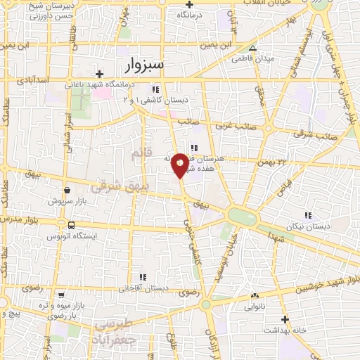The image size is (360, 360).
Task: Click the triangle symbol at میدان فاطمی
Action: pos(254,49)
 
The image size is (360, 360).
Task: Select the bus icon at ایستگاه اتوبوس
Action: pos(71,225)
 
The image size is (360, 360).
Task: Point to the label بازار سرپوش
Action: pos(66,200)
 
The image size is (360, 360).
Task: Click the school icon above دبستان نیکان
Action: pos(307,214)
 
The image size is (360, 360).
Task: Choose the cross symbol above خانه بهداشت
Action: pos(285,318)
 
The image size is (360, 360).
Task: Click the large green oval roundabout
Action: pos(242,216)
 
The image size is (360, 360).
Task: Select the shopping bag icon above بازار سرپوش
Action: pos(66,189)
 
